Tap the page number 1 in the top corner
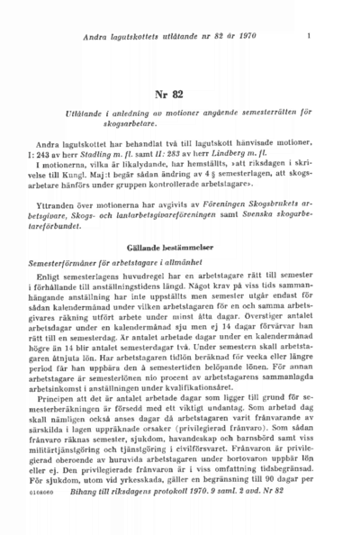click(309, 36)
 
